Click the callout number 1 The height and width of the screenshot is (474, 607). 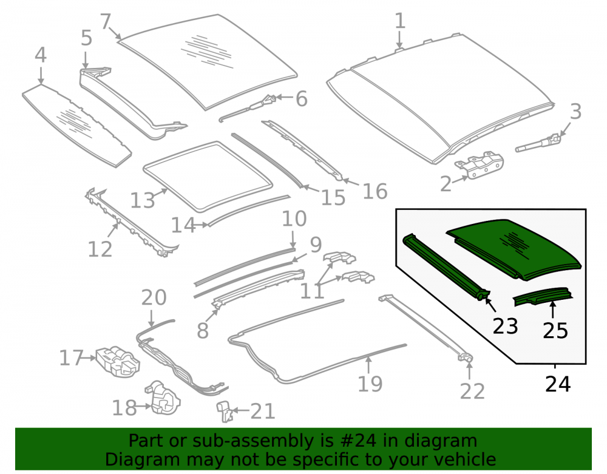[x=400, y=21]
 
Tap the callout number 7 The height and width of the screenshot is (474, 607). [x=105, y=21]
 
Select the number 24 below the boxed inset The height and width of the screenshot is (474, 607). [x=557, y=384]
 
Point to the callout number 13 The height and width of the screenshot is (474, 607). [x=143, y=201]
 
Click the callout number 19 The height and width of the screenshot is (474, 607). [x=370, y=384]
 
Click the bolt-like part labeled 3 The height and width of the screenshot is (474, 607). [x=538, y=143]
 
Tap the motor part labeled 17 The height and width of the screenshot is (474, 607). [x=117, y=361]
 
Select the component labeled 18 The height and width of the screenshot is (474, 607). [x=163, y=398]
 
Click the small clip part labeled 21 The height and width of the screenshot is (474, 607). [x=224, y=411]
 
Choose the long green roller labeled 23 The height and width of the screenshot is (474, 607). [x=445, y=267]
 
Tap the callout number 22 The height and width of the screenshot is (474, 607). [x=472, y=391]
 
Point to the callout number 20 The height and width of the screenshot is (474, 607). [x=154, y=297]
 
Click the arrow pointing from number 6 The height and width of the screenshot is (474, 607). [x=285, y=98]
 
